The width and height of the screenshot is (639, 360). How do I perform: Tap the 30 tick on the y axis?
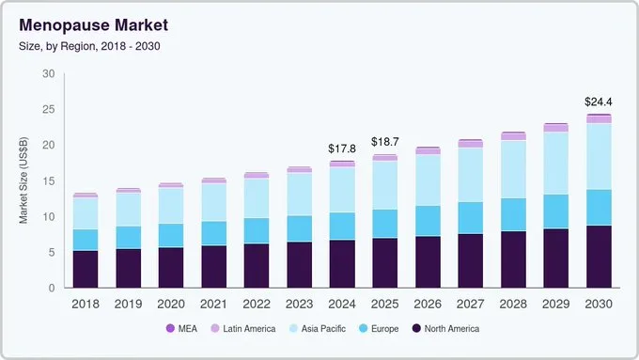[48, 74]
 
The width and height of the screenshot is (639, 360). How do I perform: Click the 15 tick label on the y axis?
[48, 181]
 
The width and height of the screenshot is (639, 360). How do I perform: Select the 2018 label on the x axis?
[86, 304]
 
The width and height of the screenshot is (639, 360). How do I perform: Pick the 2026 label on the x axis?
[428, 304]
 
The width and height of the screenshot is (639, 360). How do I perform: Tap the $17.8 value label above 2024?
[342, 149]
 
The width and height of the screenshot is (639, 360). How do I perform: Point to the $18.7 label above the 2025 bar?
[385, 142]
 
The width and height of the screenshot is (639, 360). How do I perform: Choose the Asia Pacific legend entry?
[319, 328]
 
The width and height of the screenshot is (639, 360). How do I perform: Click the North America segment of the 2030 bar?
[599, 257]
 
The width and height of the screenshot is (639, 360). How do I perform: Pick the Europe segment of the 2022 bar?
[257, 230]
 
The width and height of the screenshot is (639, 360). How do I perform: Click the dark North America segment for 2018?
[86, 269]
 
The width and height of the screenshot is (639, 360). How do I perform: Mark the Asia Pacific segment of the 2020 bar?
[171, 205]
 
